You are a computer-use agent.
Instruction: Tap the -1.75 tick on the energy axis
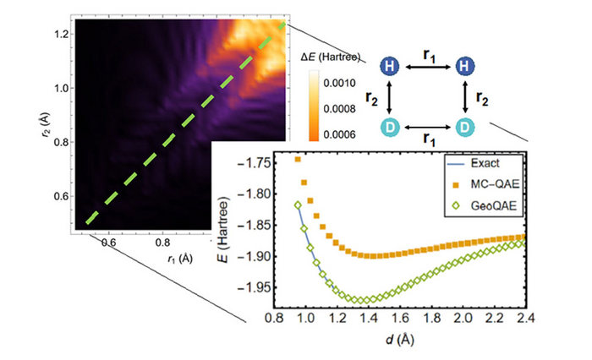[x=266, y=161]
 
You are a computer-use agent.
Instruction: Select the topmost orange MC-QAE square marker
[x=297, y=159]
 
